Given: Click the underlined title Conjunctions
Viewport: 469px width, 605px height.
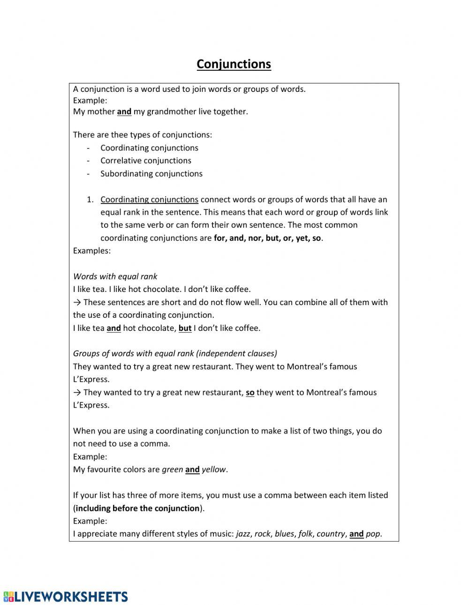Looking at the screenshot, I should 234,64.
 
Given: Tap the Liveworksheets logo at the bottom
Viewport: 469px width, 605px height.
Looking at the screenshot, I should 66,596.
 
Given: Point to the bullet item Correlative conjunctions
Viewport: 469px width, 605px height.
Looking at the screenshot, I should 145,161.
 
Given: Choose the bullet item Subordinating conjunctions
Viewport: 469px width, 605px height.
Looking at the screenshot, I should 151,174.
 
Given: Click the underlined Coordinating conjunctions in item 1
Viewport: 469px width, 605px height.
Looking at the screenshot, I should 149,200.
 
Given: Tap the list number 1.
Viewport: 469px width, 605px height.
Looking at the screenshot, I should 90,200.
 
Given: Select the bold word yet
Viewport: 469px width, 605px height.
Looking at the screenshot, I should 302,238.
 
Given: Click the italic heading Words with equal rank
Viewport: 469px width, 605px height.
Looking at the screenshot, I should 115,276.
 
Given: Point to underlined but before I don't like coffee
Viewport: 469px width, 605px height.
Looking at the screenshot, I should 185,328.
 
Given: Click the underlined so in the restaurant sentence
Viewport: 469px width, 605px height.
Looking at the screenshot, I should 250,393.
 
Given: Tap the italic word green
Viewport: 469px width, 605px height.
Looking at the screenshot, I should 172,470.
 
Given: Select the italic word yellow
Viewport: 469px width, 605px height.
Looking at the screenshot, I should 213,470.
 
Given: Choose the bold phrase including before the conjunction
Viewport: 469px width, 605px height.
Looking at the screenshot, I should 137,508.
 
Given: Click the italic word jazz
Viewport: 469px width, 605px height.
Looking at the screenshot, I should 243,534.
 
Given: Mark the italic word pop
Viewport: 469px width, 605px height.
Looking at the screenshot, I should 373,534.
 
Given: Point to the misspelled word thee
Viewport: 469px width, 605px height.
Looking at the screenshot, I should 119,135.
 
